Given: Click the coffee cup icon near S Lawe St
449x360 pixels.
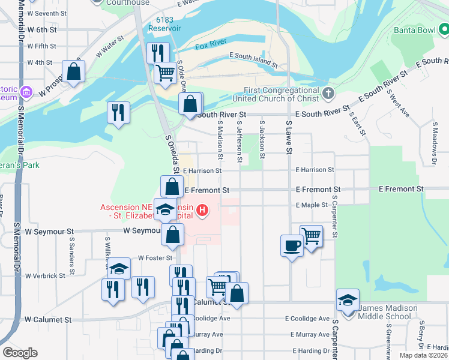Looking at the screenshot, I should [292, 245].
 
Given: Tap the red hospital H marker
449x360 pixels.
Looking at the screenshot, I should [203, 210].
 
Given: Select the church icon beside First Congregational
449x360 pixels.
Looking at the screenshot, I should [327, 93].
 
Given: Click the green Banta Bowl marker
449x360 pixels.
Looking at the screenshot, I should [443, 28].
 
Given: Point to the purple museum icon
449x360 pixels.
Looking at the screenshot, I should [26, 93].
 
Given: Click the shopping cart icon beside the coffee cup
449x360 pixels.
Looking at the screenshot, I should [311, 236].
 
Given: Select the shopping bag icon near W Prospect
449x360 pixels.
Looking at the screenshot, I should [73, 72].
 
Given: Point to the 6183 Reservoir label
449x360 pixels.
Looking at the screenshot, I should [165, 24].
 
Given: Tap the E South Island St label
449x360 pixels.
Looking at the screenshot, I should [253, 59].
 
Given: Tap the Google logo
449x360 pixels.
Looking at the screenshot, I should [20, 353].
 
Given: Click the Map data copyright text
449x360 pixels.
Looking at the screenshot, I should [424, 355].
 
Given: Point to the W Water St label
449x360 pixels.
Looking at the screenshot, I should [109, 46].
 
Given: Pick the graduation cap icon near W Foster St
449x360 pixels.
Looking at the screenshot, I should [119, 269].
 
